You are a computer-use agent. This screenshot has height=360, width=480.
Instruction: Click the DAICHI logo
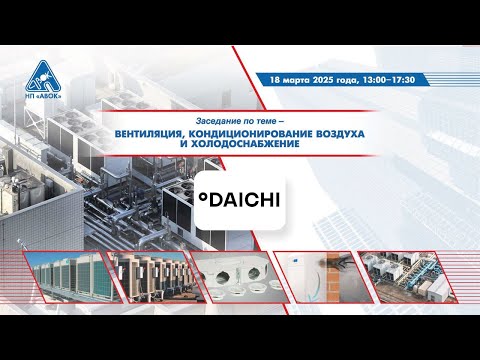(x=236, y=201)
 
